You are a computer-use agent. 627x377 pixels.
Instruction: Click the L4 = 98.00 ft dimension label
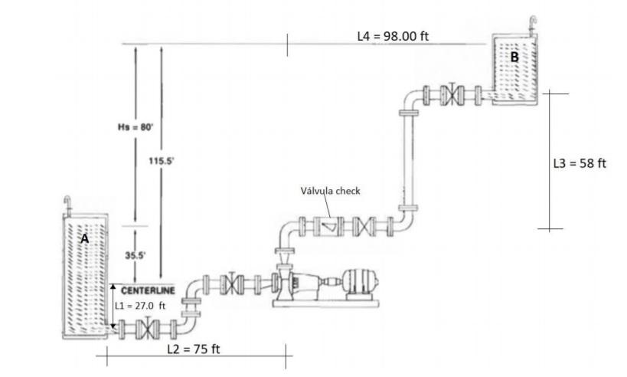pyautogui.click(x=393, y=37)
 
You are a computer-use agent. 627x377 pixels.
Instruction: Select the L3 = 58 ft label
pyautogui.click(x=580, y=163)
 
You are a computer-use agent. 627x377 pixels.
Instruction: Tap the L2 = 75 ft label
pyautogui.click(x=194, y=349)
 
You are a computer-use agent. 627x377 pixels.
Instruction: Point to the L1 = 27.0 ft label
pyautogui.click(x=140, y=304)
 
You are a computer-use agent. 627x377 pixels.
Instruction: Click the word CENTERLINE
pyautogui.click(x=148, y=290)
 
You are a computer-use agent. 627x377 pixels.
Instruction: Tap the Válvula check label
pyautogui.click(x=330, y=191)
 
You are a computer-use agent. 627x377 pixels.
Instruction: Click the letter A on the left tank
pyautogui.click(x=84, y=238)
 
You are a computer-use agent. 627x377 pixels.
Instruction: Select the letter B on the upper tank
pyautogui.click(x=514, y=56)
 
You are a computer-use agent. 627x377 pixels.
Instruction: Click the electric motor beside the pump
pyautogui.click(x=356, y=282)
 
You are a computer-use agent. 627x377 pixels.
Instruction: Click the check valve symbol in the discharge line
pyautogui.click(x=328, y=227)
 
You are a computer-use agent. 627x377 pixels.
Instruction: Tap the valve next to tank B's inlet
pyautogui.click(x=456, y=96)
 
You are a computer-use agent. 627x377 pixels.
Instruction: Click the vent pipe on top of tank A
pyautogui.click(x=67, y=204)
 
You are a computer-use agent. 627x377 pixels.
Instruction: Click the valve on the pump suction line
pyautogui.click(x=230, y=283)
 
